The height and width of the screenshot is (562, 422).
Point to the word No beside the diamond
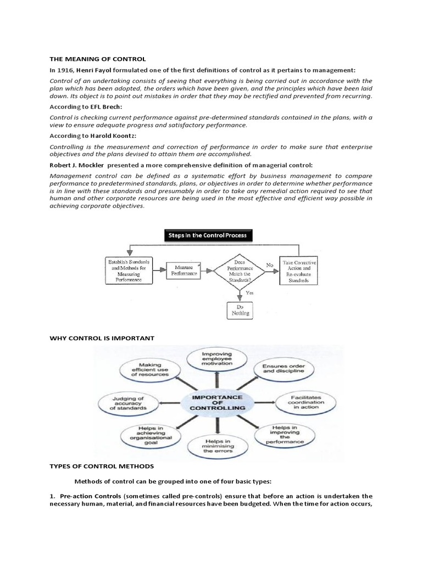click(x=269, y=265)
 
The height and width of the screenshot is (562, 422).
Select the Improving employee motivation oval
click(x=218, y=358)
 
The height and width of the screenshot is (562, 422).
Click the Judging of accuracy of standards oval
click(x=130, y=403)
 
